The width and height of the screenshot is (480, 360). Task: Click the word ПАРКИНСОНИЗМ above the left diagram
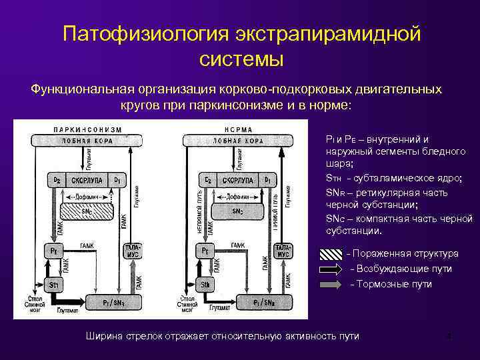pos(87,129)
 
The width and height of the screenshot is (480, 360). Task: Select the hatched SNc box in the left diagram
pos(87,211)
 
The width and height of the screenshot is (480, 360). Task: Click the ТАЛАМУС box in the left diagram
pos(132,251)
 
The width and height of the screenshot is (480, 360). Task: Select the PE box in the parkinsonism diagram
pos(53,251)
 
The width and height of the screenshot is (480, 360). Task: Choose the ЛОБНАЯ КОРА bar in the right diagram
pos(237,141)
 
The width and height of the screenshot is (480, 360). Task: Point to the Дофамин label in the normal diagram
pos(237,197)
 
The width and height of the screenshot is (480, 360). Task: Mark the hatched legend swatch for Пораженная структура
pos(331,254)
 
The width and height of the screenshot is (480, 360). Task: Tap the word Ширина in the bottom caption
pos(103,336)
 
